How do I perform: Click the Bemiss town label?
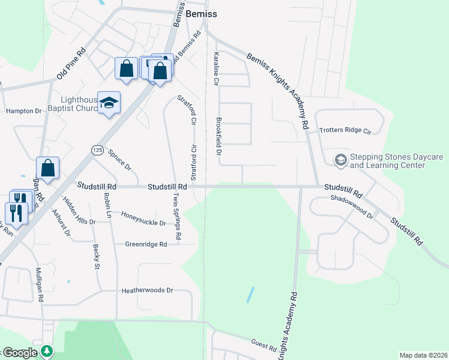(201, 14)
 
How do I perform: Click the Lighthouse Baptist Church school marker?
(109, 103)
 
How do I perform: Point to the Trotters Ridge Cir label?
(346, 130)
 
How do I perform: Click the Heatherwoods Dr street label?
(147, 290)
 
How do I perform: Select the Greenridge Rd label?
(146, 244)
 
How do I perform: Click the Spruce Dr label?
(119, 158)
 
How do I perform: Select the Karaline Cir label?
(215, 67)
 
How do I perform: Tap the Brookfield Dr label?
(218, 136)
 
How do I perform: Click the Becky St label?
(95, 256)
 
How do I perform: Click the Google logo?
(19, 353)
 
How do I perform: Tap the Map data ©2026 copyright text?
(423, 355)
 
